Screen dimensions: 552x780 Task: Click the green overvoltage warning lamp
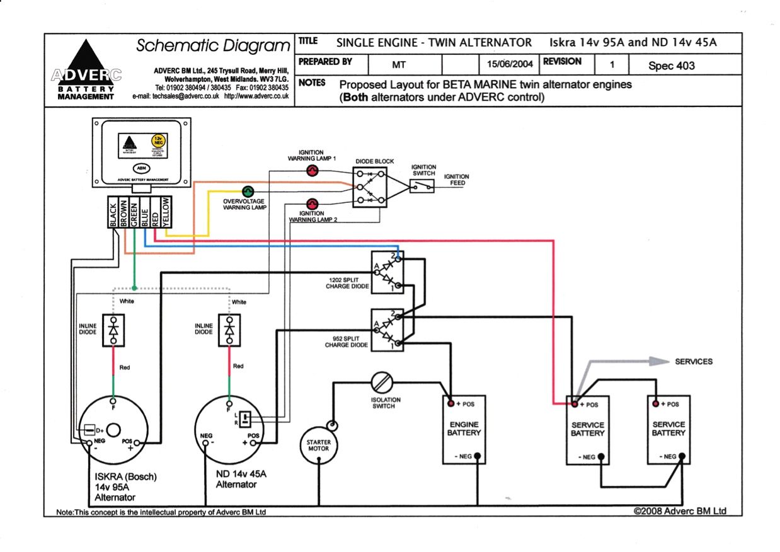[x=248, y=191]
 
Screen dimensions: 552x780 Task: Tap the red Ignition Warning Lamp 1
[x=313, y=171]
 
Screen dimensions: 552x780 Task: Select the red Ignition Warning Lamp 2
[x=311, y=203]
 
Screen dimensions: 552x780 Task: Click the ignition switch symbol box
[x=422, y=186]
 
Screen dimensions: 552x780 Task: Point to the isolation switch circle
[x=383, y=382]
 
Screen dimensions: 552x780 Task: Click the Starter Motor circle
[x=319, y=446]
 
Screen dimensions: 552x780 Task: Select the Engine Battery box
[x=464, y=430]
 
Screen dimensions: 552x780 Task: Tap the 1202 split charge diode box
[x=387, y=272]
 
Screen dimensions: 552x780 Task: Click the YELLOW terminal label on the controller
[x=166, y=211]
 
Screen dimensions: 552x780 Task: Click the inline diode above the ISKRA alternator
[x=113, y=330]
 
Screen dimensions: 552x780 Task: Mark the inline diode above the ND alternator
[x=230, y=330]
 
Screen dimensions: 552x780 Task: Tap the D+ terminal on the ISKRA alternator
[x=90, y=430]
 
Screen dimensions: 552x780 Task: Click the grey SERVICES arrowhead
[x=658, y=361]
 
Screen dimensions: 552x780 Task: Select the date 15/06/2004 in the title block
[x=510, y=64]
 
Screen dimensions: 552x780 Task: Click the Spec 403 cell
[x=671, y=65]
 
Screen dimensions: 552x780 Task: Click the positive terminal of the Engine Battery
[x=451, y=403]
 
